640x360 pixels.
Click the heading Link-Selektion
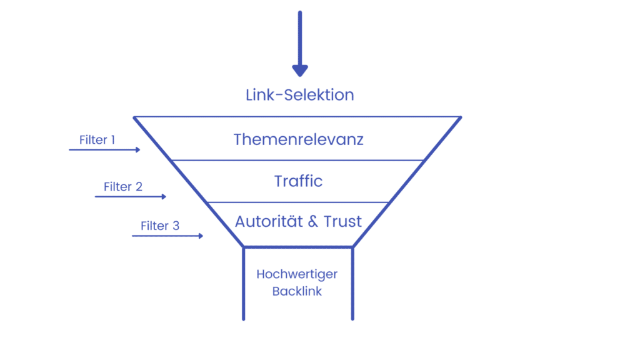(299, 95)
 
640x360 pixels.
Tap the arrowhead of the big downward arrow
(300, 71)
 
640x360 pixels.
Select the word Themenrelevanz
(298, 139)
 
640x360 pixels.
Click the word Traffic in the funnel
(298, 181)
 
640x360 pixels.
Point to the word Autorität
(269, 222)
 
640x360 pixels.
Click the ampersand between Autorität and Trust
(313, 222)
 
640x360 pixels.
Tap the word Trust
(343, 222)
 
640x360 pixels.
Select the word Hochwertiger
(297, 274)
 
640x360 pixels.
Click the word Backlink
(297, 291)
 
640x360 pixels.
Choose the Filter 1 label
(97, 140)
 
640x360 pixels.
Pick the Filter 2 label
(123, 187)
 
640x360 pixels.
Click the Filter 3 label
(160, 226)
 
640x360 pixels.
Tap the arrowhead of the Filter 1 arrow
(138, 150)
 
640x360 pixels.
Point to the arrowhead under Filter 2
(164, 197)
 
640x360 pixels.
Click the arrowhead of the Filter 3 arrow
(201, 236)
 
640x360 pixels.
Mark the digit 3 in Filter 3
(176, 226)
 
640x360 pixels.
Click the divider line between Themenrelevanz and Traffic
(297, 161)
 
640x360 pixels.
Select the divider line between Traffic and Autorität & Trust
(297, 202)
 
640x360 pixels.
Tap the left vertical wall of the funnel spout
(244, 284)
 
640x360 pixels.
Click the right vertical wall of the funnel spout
(352, 284)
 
